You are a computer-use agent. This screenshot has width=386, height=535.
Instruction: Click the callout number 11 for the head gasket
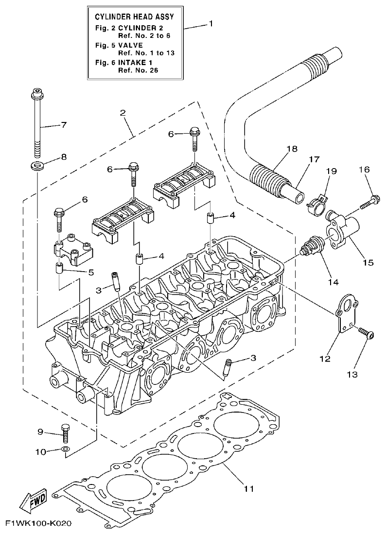pos(248,487)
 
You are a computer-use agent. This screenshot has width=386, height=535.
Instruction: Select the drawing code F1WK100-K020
pos(39,524)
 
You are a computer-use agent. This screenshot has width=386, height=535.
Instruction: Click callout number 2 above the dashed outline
pos(123,113)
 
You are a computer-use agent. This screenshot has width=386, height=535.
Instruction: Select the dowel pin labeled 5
pos(59,267)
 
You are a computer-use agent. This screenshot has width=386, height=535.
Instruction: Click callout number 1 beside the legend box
pos(211,23)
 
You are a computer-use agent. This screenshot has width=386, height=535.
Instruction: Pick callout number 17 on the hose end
pos(313,159)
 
